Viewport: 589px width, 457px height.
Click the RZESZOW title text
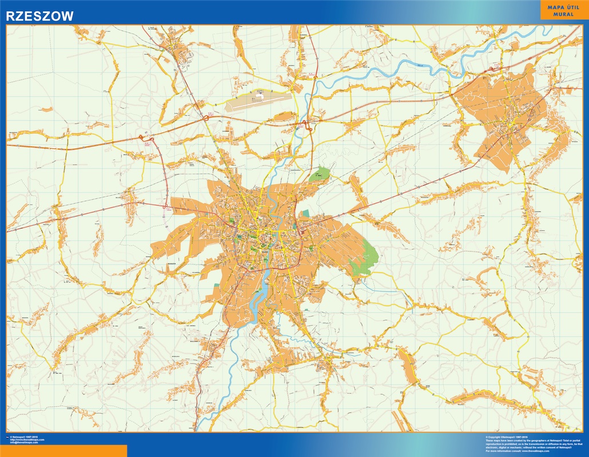(x=40, y=17)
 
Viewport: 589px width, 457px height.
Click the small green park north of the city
(x=319, y=175)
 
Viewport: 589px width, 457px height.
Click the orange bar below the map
(x=63, y=451)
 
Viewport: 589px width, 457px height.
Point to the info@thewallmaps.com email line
(x=24, y=443)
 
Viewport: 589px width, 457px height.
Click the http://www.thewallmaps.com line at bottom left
(x=27, y=440)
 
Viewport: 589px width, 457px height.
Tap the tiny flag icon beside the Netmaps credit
(x=7, y=437)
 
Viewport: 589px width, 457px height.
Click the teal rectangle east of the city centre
(x=305, y=213)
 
